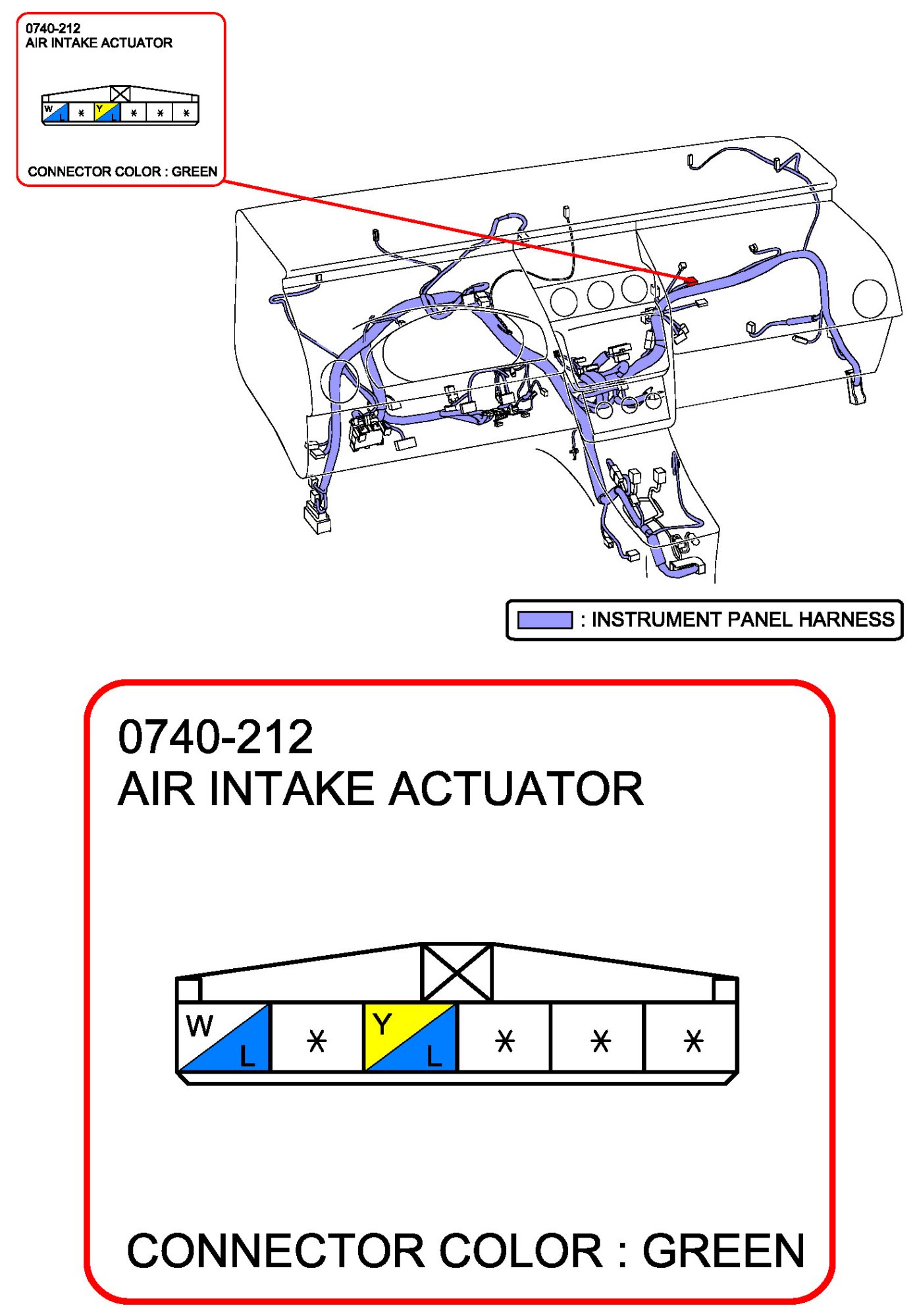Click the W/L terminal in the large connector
tap(224, 1037)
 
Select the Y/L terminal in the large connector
tap(410, 1037)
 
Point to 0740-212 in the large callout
tap(215, 737)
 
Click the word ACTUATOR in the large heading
tap(516, 789)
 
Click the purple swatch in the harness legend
tap(544, 620)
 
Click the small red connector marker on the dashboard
tap(691, 281)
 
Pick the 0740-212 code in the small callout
tap(53, 28)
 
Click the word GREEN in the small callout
tap(194, 172)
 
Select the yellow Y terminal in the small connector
tap(107, 112)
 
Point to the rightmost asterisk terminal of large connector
tap(693, 1041)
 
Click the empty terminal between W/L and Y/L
tap(317, 1041)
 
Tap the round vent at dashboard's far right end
tap(869, 298)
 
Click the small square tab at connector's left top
tap(190, 989)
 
